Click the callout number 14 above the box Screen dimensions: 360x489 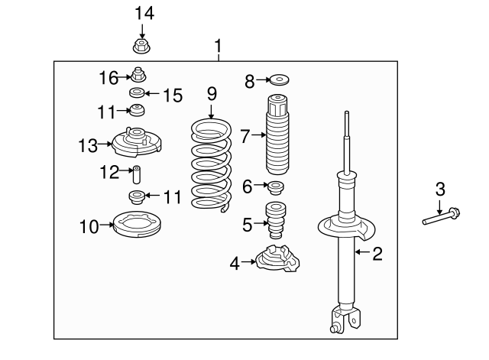click(x=144, y=12)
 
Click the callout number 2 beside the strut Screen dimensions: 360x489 click(x=377, y=254)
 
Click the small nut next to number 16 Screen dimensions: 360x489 click(x=138, y=75)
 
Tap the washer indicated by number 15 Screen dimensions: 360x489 click(x=137, y=94)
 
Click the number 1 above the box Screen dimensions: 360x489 click(x=219, y=48)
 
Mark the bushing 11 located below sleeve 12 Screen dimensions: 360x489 click(x=138, y=197)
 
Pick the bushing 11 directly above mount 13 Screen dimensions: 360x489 click(x=137, y=112)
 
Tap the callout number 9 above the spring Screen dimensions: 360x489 click(x=212, y=94)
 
